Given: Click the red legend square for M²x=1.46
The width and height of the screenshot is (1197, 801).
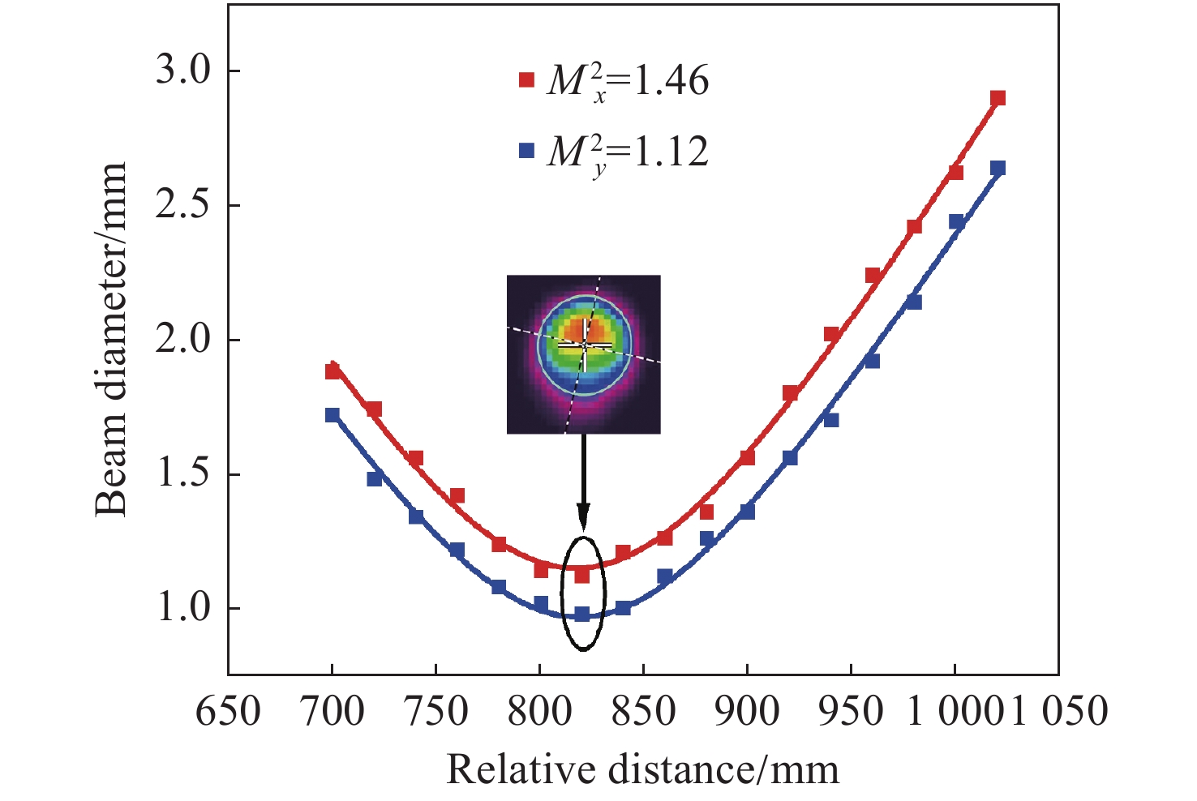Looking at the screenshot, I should pos(527,80).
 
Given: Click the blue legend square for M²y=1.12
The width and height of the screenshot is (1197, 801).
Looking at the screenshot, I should pos(527,151).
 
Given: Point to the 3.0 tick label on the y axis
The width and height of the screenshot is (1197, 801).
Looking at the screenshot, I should pos(183,71).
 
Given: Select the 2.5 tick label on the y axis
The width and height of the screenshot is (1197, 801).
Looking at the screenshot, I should pos(183,205).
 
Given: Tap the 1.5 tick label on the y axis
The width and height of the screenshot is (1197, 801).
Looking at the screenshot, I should pos(183,474).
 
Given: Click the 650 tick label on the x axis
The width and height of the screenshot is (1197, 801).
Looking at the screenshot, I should pos(228,711).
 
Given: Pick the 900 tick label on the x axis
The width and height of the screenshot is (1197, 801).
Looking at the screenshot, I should pos(747,711).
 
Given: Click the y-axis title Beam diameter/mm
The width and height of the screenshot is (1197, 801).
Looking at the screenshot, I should pos(112,339).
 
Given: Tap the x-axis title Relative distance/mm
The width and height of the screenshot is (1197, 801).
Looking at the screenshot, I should pos(642,769).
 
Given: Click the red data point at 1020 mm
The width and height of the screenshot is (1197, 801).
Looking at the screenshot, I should pos(998,98).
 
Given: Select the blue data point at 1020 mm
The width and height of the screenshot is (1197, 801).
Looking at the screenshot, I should pos(998,168).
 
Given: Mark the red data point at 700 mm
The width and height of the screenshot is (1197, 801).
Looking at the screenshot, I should pos(332,371).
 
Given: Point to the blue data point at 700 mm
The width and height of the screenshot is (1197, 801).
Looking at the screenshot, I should pos(332,415).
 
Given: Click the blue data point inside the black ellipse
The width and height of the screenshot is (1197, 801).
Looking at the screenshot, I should pos(582,615).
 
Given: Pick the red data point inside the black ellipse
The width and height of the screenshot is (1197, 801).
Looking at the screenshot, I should pos(582,575).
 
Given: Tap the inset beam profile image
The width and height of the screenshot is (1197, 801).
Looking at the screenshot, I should pos(583,354).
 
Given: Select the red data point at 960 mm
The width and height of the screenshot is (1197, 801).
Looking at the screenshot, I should pos(873,276).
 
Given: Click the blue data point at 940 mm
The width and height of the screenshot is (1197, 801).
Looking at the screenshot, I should pos(830,420).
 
